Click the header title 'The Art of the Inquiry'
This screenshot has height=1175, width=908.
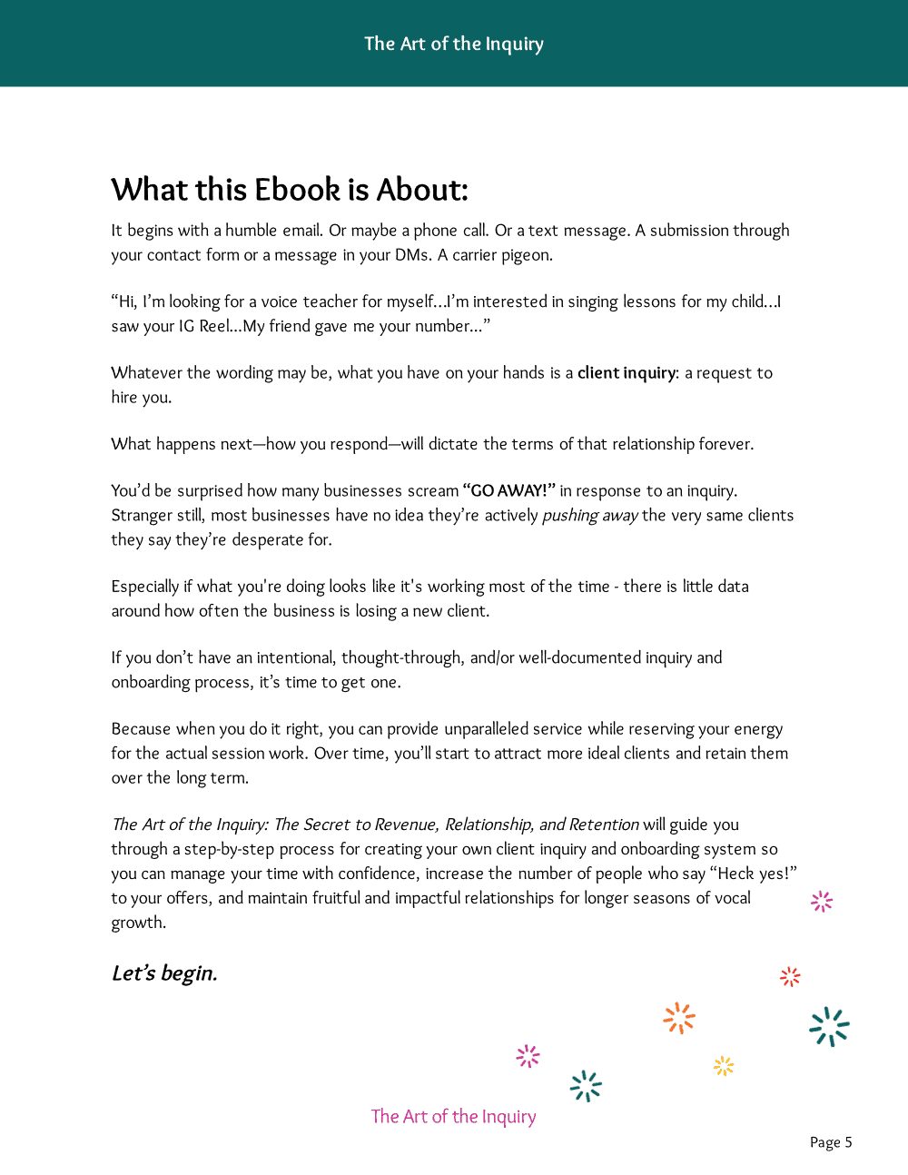click(454, 44)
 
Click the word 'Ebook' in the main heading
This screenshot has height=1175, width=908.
click(297, 190)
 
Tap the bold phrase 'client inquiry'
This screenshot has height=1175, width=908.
click(627, 372)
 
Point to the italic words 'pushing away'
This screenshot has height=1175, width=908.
click(590, 515)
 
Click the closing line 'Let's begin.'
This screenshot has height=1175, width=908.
click(164, 973)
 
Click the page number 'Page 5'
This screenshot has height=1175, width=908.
click(831, 1142)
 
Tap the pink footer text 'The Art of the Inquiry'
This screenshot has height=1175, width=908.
click(453, 1116)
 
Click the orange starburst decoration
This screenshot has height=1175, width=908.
click(679, 1018)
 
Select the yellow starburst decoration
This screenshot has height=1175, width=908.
click(724, 1066)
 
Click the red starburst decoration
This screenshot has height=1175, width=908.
click(790, 976)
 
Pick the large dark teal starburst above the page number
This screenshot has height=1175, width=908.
click(829, 1027)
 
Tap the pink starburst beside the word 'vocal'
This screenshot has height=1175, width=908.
click(822, 901)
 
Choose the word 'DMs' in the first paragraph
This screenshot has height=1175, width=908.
click(411, 255)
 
